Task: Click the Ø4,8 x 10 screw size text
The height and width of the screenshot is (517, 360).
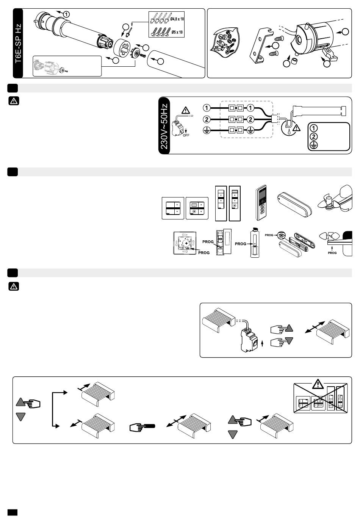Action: pyautogui.click(x=177, y=19)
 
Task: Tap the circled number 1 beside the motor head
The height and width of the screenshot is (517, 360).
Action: pyautogui.click(x=66, y=14)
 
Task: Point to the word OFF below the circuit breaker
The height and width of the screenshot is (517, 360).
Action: pyautogui.click(x=186, y=135)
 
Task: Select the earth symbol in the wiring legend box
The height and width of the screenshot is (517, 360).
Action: pyautogui.click(x=314, y=145)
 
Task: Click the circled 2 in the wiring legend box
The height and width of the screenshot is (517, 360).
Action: pyautogui.click(x=314, y=136)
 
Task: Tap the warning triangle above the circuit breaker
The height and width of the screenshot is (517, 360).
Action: pyautogui.click(x=186, y=110)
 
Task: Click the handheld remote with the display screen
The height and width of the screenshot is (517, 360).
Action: pyautogui.click(x=261, y=203)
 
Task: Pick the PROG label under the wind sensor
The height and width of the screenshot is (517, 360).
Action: pyautogui.click(x=332, y=253)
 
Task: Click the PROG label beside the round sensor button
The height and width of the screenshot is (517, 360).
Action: pyautogui.click(x=269, y=235)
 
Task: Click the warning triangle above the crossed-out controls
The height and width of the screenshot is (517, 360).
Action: pyautogui.click(x=318, y=384)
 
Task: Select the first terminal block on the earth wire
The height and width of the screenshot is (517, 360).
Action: pyautogui.click(x=232, y=130)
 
